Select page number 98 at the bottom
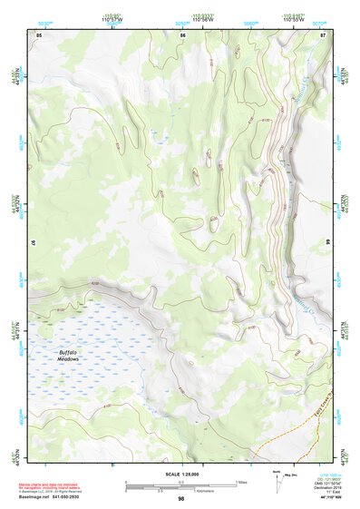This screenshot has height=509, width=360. pyautogui.click(x=180, y=499)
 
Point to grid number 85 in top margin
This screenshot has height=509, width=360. pyautogui.click(x=39, y=34)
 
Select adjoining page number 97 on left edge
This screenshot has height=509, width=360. pyautogui.click(x=34, y=243)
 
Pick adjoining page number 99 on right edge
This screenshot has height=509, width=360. pyautogui.click(x=326, y=243)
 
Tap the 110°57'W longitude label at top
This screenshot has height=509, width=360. pyautogui.click(x=112, y=20)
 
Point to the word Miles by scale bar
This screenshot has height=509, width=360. pyautogui.click(x=242, y=481)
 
